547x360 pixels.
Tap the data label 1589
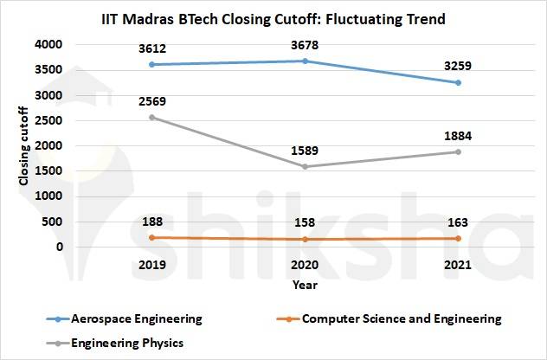[x=305, y=151]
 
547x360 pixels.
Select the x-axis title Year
[x=305, y=284]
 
